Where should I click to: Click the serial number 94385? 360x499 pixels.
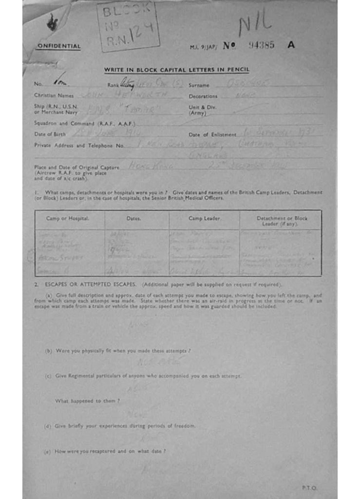click(261, 45)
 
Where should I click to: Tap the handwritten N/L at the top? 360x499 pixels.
click(254, 23)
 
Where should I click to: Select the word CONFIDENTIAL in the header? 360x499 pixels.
click(58, 47)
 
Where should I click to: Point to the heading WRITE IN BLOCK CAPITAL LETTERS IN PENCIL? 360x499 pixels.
click(176, 70)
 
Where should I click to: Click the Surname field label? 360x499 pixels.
click(199, 85)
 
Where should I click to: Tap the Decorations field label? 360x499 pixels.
click(203, 96)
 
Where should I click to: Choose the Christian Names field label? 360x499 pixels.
click(54, 96)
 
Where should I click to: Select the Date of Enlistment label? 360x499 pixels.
click(212, 134)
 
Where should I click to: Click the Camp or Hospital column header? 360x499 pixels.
click(68, 219)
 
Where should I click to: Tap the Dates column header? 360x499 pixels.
click(133, 219)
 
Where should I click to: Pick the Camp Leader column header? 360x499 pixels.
click(202, 219)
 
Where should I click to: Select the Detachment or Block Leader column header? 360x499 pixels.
click(282, 221)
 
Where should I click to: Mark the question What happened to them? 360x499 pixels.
click(88, 401)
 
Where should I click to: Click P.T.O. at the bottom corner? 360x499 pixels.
click(310, 487)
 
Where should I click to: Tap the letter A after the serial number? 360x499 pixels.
click(291, 45)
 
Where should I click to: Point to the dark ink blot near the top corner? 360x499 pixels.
click(52, 21)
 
